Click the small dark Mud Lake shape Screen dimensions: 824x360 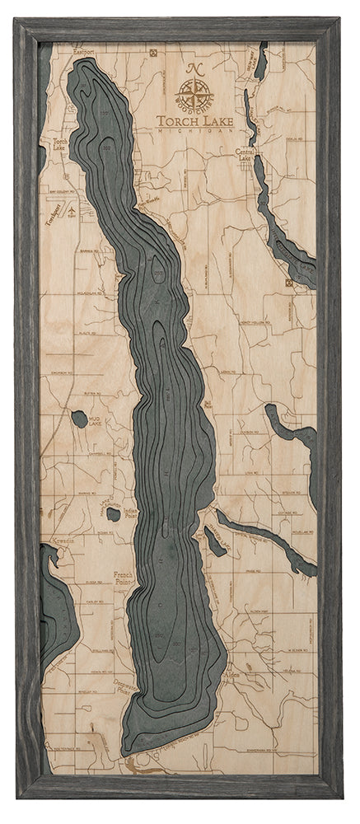[x=79, y=419]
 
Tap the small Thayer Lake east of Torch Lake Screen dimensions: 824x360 [x=213, y=541]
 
